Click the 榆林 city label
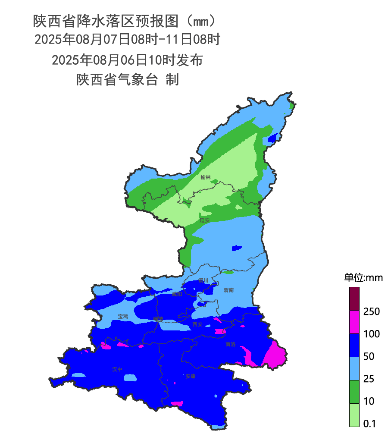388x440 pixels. pos(206,177)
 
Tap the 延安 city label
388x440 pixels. pos(205,220)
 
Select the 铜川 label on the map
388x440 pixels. pos(203,280)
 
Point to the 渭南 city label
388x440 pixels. pos(229,290)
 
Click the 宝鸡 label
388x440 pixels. pos(123,316)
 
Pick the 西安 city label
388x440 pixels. pos(197,324)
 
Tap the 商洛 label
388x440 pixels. pos(231,344)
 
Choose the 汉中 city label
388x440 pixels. pos(117,369)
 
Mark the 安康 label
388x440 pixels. pos(191,376)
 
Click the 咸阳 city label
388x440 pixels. pos(177,295)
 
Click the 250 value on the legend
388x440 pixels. pos(371,311)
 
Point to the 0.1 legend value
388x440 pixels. pos(370,424)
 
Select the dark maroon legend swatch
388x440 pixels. pos(354,299)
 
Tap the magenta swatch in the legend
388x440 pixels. pos(354,322)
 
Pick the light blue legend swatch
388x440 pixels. pos(354,368)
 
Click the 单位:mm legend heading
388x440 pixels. pos(363,277)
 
